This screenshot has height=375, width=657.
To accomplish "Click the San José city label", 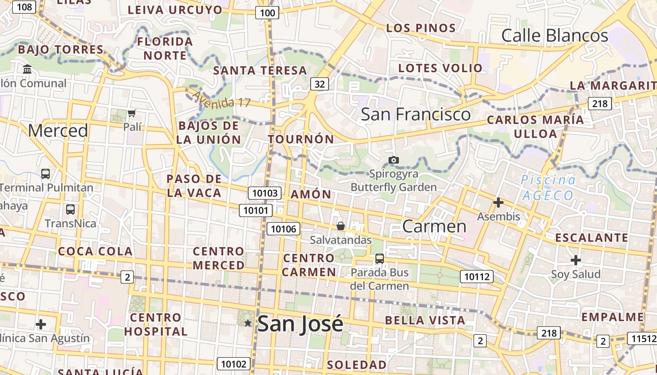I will point(300,323).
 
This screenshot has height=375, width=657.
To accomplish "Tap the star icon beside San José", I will point(248,322).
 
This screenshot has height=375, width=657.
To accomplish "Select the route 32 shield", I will point(320,84).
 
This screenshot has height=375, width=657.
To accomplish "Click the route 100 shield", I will point(267,13).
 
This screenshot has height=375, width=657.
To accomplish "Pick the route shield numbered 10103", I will point(265,193).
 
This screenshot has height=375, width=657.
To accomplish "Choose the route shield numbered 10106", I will point(283,229).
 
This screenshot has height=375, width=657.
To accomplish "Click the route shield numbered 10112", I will point(477,277).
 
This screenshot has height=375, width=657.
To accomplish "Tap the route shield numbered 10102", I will point(233,364).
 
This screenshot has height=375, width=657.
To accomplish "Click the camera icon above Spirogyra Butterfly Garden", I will point(394,160).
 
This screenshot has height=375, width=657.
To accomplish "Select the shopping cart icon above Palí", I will point(132,113).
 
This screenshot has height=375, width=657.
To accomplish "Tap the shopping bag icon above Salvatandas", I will point(341,226).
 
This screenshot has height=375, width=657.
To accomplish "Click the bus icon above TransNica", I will point(70,210).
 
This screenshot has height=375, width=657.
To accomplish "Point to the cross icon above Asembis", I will point(498,202).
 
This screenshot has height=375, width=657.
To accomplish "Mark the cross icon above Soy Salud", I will point(576,260).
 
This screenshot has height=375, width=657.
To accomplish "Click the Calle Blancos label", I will point(555,36).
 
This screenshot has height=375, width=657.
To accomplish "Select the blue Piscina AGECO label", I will point(548,187).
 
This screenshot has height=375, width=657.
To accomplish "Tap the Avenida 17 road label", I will point(222,99).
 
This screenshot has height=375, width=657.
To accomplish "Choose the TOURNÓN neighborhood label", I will point(301,139).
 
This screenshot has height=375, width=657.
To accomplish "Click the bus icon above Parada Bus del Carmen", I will point(379,258).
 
